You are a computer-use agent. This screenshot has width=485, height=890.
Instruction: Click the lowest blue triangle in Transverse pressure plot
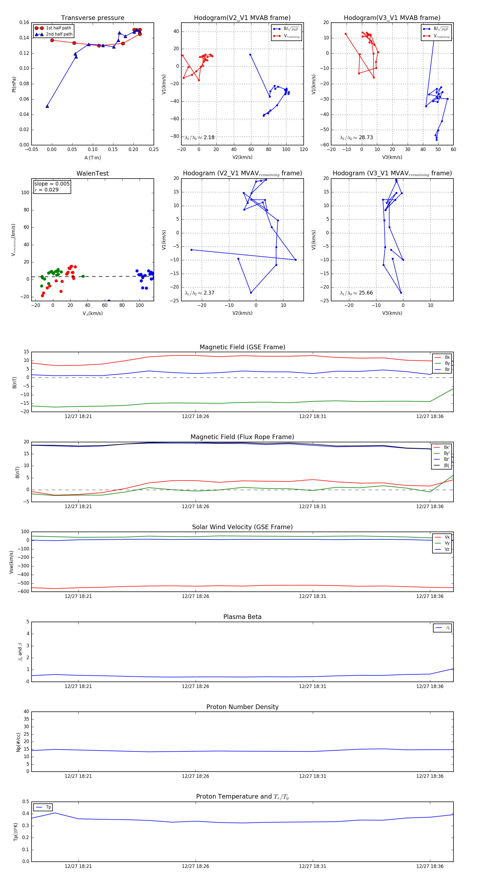(x=47, y=106)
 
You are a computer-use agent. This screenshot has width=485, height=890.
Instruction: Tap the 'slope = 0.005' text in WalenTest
(x=52, y=184)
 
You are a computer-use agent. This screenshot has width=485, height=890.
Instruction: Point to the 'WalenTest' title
(x=92, y=173)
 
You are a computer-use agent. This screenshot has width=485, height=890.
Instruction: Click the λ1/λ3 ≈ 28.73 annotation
(x=356, y=138)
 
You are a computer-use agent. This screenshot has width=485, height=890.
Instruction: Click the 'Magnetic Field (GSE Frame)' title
(x=242, y=347)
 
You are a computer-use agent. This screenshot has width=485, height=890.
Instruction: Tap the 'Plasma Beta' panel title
(x=242, y=617)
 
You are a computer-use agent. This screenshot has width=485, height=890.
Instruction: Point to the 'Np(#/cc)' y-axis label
(x=19, y=742)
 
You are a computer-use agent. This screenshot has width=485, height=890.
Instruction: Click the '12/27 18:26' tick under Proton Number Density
(x=195, y=776)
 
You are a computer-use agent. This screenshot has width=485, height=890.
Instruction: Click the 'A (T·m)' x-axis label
(x=92, y=158)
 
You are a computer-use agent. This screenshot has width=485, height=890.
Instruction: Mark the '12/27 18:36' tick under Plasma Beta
(x=430, y=686)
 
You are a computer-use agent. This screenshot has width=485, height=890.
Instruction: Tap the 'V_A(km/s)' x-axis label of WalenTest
(x=92, y=313)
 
